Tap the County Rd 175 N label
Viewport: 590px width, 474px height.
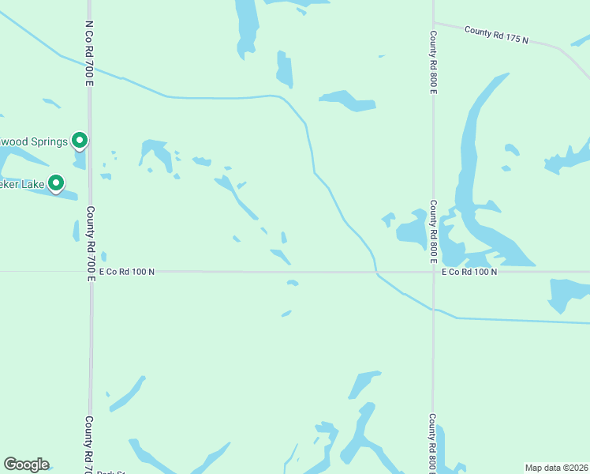point(496,35)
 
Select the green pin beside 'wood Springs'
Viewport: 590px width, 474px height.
point(80,141)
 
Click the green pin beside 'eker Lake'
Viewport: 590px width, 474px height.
point(56,183)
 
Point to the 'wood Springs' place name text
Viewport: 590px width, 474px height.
point(33,141)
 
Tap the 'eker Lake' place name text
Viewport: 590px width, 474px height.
point(22,184)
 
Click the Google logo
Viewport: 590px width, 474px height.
point(26,465)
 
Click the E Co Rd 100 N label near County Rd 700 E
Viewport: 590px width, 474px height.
point(126,272)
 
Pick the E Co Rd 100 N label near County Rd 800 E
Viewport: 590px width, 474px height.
point(469,272)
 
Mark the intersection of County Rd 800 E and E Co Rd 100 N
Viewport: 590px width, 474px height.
point(432,272)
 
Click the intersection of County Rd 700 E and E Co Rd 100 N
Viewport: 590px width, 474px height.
point(91,272)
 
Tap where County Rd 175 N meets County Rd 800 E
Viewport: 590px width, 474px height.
point(433,23)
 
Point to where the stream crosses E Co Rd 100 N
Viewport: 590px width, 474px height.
point(376,272)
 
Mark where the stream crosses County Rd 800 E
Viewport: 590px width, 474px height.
point(432,309)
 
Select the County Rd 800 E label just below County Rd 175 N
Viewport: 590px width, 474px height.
point(433,63)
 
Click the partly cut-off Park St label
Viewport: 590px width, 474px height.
point(111,472)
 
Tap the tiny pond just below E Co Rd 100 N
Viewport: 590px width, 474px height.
point(293,282)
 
